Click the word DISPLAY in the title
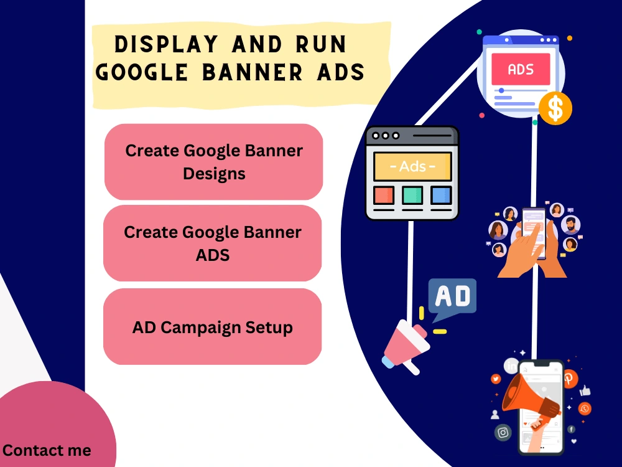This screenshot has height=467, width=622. tap(167, 45)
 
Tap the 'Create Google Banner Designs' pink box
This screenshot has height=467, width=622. tap(214, 161)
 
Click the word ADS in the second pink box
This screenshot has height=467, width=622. tap(213, 255)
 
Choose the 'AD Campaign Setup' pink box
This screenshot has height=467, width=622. tap(213, 327)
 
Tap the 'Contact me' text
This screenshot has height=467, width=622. tap(47, 450)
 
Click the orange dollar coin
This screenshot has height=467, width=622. tap(555, 108)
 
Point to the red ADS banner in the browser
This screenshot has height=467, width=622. tap(521, 69)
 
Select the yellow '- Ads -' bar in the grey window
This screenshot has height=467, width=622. tap(412, 167)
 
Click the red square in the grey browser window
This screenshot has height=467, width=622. tap(383, 196)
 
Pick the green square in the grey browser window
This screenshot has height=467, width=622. tap(412, 196)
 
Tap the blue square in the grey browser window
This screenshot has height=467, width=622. tap(441, 196)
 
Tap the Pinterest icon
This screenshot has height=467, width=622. tap(570, 378)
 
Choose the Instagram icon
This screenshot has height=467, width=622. tap(503, 432)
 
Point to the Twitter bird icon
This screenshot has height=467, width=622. tap(496, 379)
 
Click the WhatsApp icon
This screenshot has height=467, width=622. tap(584, 408)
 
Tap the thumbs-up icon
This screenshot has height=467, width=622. tap(585, 391)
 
